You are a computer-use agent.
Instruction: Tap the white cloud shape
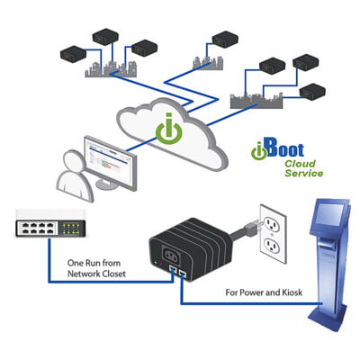[171, 135]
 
